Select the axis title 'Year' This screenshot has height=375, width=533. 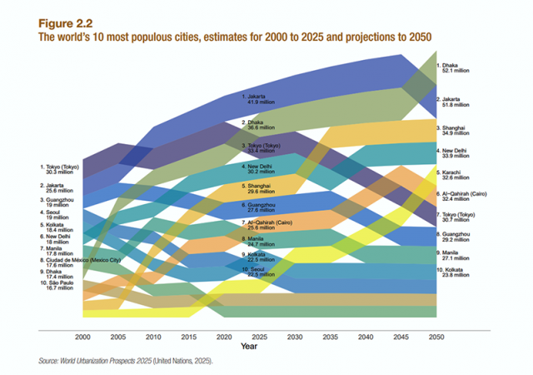tap(249, 345)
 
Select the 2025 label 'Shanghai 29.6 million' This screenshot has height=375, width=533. tap(259, 188)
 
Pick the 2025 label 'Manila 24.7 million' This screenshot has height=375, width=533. tap(259, 242)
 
